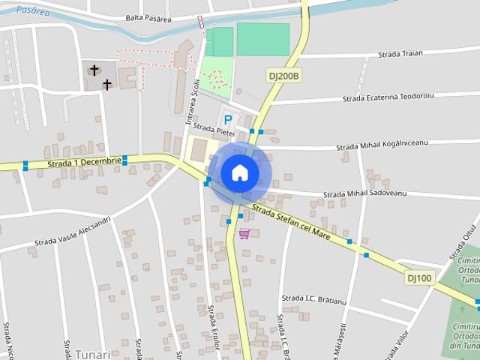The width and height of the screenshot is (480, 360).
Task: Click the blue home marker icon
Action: tap(240, 172)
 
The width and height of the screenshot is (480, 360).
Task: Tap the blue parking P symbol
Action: tap(228, 119)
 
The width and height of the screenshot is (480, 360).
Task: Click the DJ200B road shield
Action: tap(284, 76)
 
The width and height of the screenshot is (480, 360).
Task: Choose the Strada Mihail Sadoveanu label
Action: tap(364, 193)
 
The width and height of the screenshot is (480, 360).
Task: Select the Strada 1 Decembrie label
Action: tap(84, 161)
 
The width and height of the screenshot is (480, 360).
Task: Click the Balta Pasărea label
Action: tap(148, 17)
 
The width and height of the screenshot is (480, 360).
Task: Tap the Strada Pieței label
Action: tap(215, 129)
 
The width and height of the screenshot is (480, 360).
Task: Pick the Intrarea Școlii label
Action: tap(191, 105)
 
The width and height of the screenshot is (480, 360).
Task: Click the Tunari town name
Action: tap(92, 354)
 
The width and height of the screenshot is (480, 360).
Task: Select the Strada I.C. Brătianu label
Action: tap(313, 298)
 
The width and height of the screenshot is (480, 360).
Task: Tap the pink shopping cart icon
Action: tap(244, 234)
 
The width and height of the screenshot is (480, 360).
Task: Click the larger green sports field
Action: tap(262, 39)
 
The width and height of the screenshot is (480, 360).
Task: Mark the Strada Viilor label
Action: tap(398, 342)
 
